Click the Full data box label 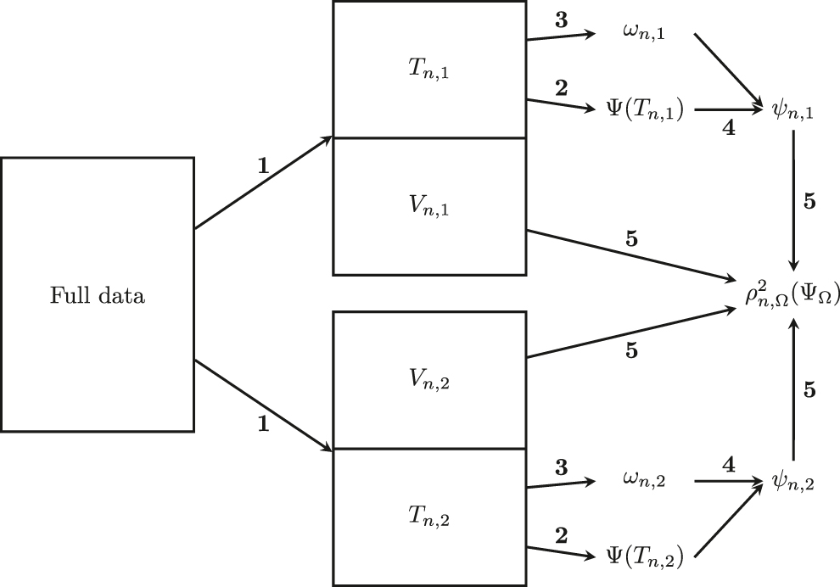pos(98,296)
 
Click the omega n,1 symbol pos(644,33)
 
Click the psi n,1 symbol pos(794,109)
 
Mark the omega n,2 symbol pos(644,482)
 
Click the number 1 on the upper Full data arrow pos(263,166)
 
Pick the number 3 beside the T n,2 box pos(560,467)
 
